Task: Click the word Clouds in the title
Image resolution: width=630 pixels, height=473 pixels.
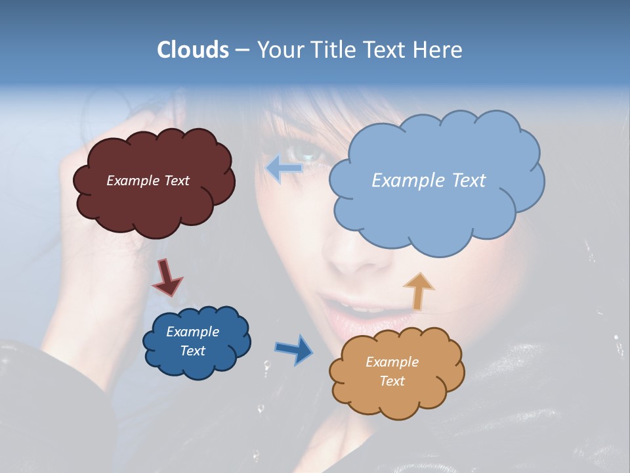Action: tap(192, 50)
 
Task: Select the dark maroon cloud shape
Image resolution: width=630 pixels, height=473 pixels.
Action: tap(154, 204)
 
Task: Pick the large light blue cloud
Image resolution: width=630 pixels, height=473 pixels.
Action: tap(433, 210)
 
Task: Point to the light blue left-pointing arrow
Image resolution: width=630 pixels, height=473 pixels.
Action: tap(283, 168)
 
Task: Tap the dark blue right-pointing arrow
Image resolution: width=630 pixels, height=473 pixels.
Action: tap(293, 349)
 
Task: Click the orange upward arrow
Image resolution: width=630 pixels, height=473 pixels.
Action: tap(418, 290)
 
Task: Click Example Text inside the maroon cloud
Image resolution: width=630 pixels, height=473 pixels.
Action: tap(148, 181)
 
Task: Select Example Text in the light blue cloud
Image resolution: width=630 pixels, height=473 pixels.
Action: tap(429, 181)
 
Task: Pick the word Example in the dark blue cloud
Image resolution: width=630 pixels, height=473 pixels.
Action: tap(192, 332)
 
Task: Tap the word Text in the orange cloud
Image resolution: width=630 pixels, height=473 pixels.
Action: tap(392, 381)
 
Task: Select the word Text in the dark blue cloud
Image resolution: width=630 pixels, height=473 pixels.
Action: tap(192, 351)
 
